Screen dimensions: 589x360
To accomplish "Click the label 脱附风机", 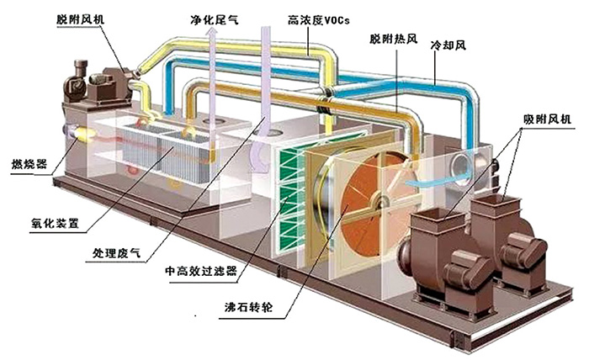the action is [x=80, y=19].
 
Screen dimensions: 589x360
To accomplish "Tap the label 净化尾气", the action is [x=214, y=19].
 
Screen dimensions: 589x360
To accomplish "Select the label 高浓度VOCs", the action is [x=319, y=19].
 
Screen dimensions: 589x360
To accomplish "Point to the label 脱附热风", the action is [x=393, y=39].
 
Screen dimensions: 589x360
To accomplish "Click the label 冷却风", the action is [x=448, y=45].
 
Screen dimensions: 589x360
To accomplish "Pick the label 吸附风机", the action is [x=547, y=119].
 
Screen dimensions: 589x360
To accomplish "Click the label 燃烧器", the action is [x=29, y=164].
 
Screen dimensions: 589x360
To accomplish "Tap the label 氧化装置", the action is [x=55, y=223].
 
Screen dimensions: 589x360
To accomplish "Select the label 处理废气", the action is [x=116, y=253].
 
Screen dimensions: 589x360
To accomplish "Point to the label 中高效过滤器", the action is [x=201, y=270].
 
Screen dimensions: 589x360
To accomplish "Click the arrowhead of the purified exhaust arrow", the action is [x=212, y=34].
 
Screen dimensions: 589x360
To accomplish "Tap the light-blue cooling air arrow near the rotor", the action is [x=438, y=181].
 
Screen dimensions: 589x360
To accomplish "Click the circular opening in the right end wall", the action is [x=461, y=164].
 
